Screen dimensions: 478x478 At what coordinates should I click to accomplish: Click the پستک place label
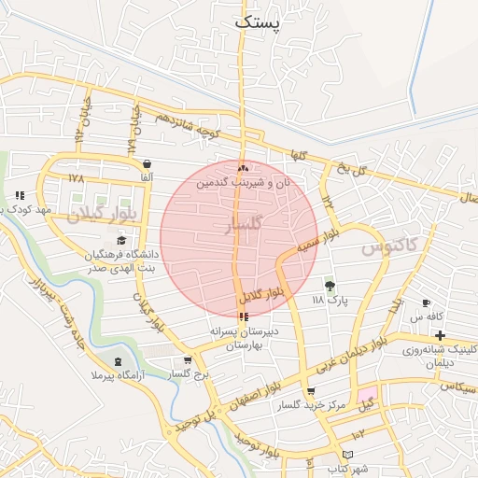(x=258, y=22)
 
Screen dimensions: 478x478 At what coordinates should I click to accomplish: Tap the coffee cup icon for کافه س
(x=427, y=303)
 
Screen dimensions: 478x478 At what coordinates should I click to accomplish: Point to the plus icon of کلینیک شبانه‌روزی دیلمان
(x=440, y=335)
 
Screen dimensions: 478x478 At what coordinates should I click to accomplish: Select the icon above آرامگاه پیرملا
(x=118, y=361)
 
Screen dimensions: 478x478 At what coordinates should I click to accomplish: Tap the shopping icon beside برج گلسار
(x=188, y=360)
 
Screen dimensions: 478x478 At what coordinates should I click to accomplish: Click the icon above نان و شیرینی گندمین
(x=244, y=169)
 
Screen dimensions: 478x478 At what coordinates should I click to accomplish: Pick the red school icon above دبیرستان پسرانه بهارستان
(x=244, y=317)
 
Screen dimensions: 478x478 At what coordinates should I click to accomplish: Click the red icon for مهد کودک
(x=20, y=195)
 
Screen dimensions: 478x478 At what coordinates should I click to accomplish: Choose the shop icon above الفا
(x=148, y=163)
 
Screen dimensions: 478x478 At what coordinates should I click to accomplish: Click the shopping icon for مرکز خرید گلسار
(x=310, y=392)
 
